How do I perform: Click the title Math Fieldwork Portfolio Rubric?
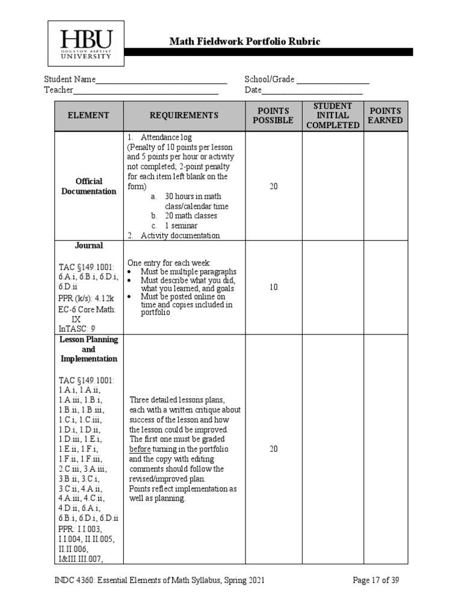(244, 42)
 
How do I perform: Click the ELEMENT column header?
(88, 115)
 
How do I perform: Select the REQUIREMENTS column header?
(183, 115)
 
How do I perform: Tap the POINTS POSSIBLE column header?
(273, 115)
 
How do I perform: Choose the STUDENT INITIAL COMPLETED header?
(333, 115)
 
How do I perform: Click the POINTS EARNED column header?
(386, 115)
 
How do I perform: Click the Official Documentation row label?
(88, 186)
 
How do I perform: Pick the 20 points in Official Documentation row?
(273, 186)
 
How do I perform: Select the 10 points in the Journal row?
(273, 288)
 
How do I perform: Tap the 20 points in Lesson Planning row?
(273, 449)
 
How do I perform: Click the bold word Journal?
(88, 245)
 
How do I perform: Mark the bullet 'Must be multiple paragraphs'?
(188, 272)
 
